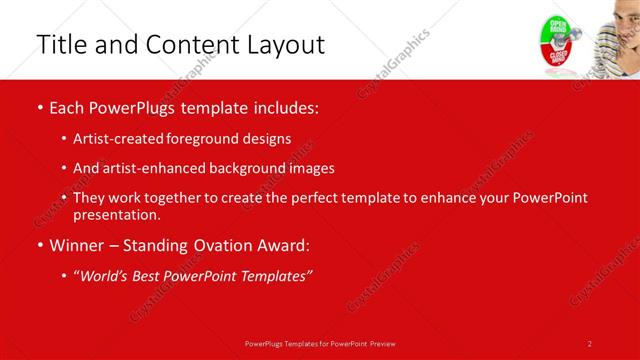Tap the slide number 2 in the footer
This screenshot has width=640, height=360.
pyautogui.click(x=590, y=343)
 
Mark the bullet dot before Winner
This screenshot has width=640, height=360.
pyautogui.click(x=39, y=246)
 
